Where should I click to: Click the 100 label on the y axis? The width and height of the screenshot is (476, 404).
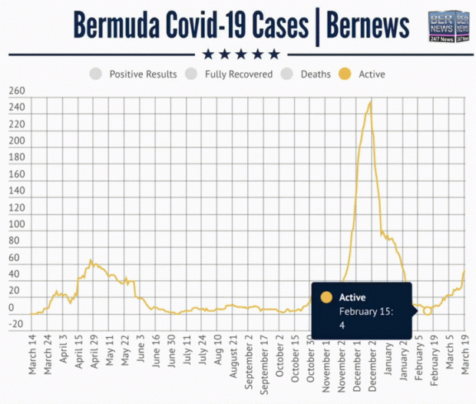17,224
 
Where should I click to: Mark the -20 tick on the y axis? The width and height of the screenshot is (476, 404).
15,323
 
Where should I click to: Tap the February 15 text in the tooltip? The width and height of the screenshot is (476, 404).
366,312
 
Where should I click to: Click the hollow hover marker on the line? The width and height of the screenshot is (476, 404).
428,311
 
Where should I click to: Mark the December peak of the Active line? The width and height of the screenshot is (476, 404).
372,101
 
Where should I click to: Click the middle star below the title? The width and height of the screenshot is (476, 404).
241,54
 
